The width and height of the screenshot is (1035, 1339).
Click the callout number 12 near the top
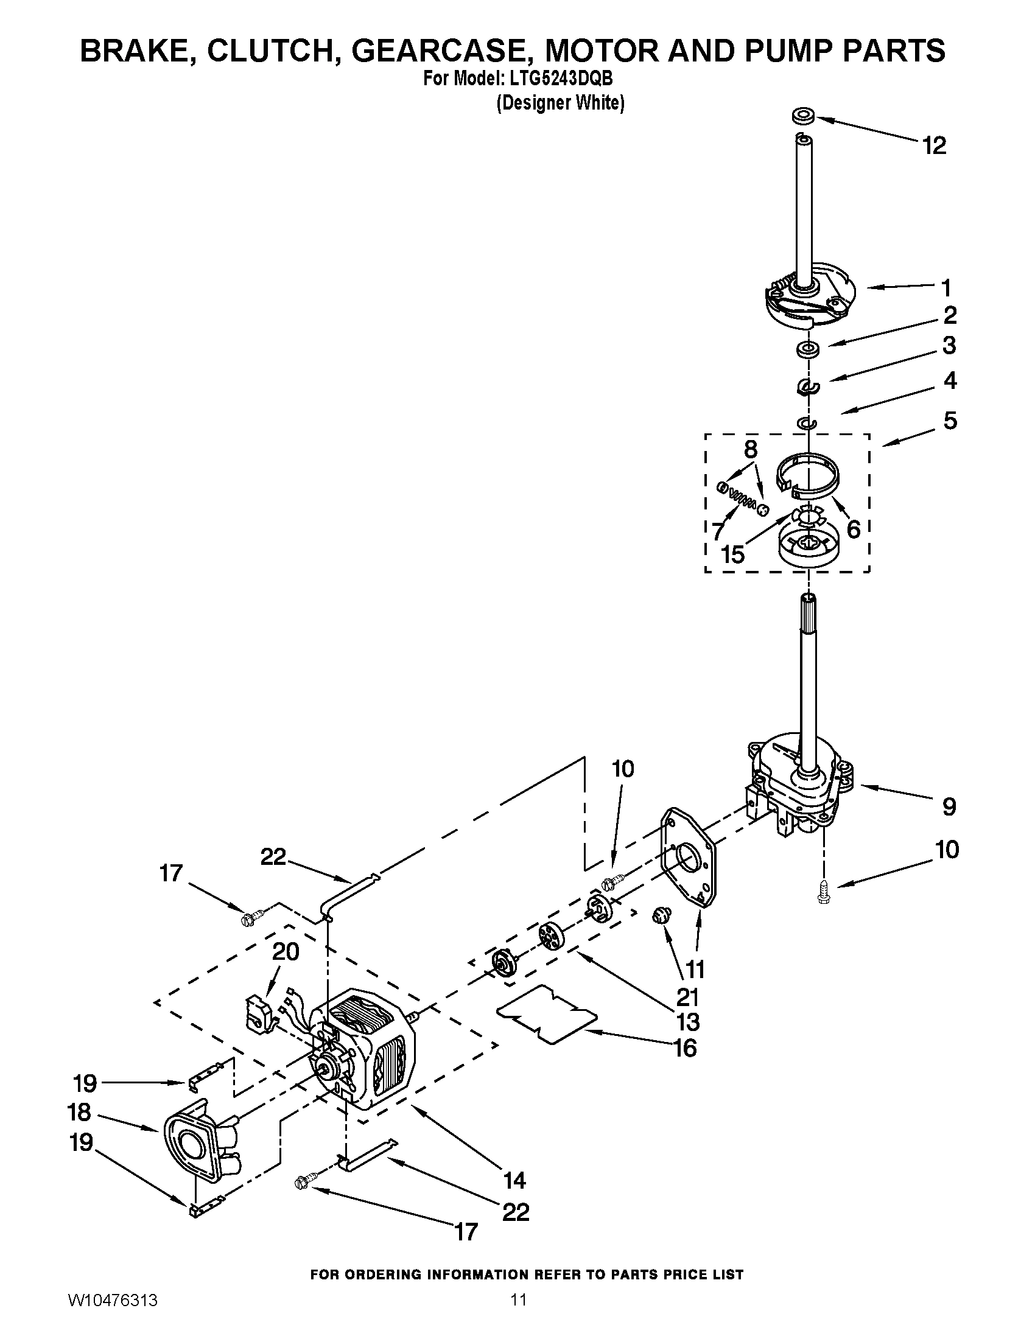935,146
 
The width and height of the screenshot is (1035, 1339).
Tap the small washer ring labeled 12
801,116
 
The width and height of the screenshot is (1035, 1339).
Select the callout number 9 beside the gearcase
949,806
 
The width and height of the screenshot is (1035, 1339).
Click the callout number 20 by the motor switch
285,951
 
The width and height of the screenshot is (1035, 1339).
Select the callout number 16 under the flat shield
686,1048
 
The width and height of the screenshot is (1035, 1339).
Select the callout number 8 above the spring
751,450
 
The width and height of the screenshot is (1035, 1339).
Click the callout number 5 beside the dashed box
950,421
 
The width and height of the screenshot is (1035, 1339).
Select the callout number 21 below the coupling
687,998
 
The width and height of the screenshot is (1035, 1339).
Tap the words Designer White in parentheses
560,103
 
